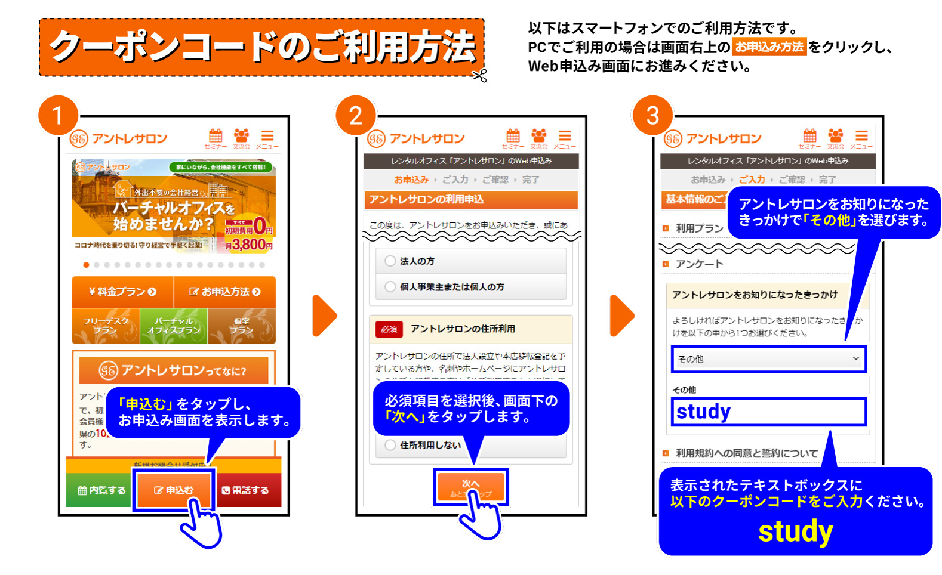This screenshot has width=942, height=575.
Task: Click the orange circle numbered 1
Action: pos(58,115)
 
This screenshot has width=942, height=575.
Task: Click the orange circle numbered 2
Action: pos(355,115)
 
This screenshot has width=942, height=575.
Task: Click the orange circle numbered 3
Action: pos(652,115)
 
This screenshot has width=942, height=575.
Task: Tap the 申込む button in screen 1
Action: pos(174,490)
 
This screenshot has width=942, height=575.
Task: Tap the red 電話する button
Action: pos(246,490)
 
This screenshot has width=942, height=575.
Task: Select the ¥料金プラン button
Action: pos(122,292)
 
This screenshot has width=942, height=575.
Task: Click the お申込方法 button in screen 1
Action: pos(225,292)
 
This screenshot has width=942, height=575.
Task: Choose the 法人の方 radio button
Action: pos(390,261)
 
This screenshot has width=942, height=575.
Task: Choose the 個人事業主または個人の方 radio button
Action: pos(390,287)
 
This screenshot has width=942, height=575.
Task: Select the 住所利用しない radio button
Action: pos(390,445)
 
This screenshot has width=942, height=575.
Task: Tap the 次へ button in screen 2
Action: pos(470,486)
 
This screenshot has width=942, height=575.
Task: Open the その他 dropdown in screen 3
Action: pos(768,359)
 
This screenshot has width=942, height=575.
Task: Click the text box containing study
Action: pos(768,412)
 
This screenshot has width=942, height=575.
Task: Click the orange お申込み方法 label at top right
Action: pos(769,47)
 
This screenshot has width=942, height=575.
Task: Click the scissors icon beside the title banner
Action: pos(479,76)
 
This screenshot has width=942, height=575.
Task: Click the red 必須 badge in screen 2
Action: pos(389,329)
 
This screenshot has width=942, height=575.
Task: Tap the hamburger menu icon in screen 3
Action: pos(861,136)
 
